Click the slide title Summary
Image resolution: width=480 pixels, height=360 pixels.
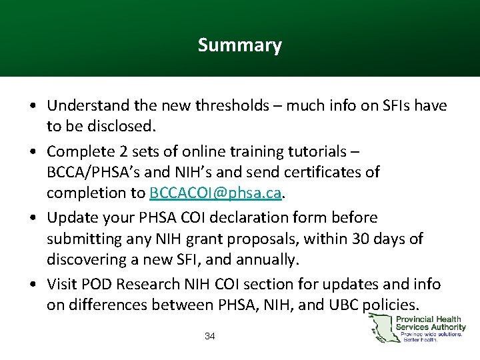(239, 45)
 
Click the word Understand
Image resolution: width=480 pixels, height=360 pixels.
(83, 105)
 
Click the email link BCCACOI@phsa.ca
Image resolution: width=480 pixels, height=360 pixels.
(217, 193)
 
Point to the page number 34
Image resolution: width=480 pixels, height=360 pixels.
(210, 336)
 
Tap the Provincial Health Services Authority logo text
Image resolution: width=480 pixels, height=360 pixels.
(431, 323)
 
